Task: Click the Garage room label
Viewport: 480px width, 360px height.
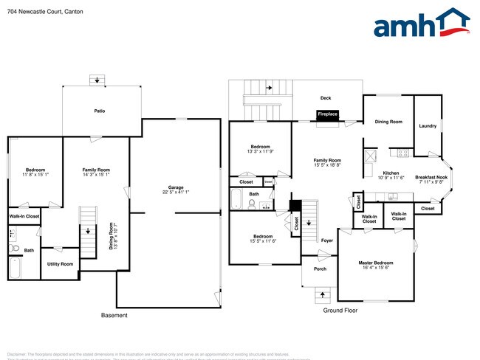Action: (175, 187)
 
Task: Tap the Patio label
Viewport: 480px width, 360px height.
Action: (99, 111)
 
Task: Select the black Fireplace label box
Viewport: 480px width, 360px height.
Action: (327, 114)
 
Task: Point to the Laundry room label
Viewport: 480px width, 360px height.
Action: (427, 126)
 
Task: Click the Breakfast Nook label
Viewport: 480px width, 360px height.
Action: (430, 177)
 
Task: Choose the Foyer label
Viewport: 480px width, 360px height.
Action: (327, 240)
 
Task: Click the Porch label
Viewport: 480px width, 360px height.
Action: (320, 269)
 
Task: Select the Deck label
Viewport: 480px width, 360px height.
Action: (326, 98)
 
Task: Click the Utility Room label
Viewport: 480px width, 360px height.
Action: (60, 263)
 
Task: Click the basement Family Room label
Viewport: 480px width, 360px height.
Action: (96, 170)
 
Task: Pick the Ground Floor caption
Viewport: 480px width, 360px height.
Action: (340, 311)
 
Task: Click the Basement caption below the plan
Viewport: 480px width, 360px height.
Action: (114, 316)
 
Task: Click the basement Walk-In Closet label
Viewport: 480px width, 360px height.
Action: (24, 216)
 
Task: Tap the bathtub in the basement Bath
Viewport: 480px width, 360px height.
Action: (16, 268)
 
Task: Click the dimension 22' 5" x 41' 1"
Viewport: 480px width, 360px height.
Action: (175, 193)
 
